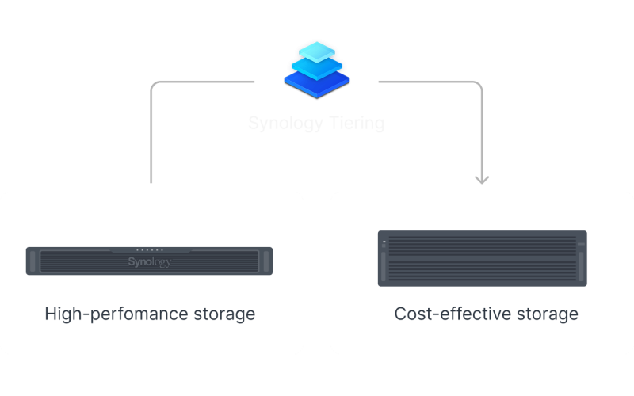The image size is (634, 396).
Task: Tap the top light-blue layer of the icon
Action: coord(316,51)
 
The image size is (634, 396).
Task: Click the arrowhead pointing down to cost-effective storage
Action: coord(481,180)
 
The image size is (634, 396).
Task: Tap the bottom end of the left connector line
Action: coord(151,181)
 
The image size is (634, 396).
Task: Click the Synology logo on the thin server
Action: coord(149,261)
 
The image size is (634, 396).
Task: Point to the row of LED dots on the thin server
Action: coord(149,249)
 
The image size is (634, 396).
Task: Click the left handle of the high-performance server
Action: coord(32,261)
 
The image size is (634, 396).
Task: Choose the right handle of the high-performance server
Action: coord(266,261)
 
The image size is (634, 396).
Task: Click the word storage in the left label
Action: coord(224,314)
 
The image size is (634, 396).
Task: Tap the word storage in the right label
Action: coord(547,314)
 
